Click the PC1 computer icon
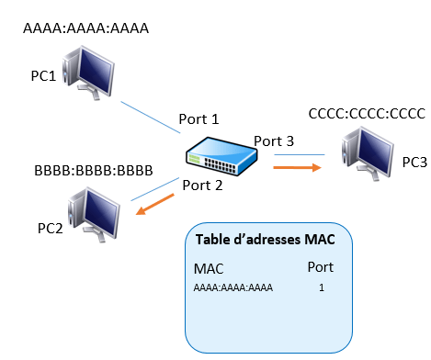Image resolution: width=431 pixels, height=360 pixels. tap(88, 73)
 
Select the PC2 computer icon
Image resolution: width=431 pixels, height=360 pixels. tap(94, 215)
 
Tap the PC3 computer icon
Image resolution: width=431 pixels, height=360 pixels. tap(368, 153)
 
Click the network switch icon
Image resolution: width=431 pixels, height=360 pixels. tap(221, 156)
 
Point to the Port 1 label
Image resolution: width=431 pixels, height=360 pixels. tap(198, 119)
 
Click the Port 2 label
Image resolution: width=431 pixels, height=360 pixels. tap(202, 186)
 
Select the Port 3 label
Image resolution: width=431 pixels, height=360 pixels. tap(274, 141)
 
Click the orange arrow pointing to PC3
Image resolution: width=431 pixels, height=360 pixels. tap(297, 167)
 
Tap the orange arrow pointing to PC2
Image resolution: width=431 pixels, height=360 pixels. tap(154, 204)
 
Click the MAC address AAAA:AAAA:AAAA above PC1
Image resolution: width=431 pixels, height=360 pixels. tap(85, 28)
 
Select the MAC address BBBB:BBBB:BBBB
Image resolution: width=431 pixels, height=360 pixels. tap(94, 171)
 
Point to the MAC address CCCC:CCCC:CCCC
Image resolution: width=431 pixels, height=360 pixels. tap(367, 114)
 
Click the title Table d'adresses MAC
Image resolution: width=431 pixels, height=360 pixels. tap(266, 239)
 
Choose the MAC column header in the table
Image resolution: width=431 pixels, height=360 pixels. tap(209, 269)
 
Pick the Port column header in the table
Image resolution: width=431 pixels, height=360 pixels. tap(321, 267)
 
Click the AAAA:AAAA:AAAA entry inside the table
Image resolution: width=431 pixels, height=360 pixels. tap(233, 287)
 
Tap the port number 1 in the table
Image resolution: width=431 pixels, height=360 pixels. tap(322, 287)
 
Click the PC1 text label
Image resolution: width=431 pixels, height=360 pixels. tap(43, 75)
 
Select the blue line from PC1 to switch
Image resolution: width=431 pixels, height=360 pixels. tap(151, 118)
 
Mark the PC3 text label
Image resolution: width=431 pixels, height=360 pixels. tap(414, 163)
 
